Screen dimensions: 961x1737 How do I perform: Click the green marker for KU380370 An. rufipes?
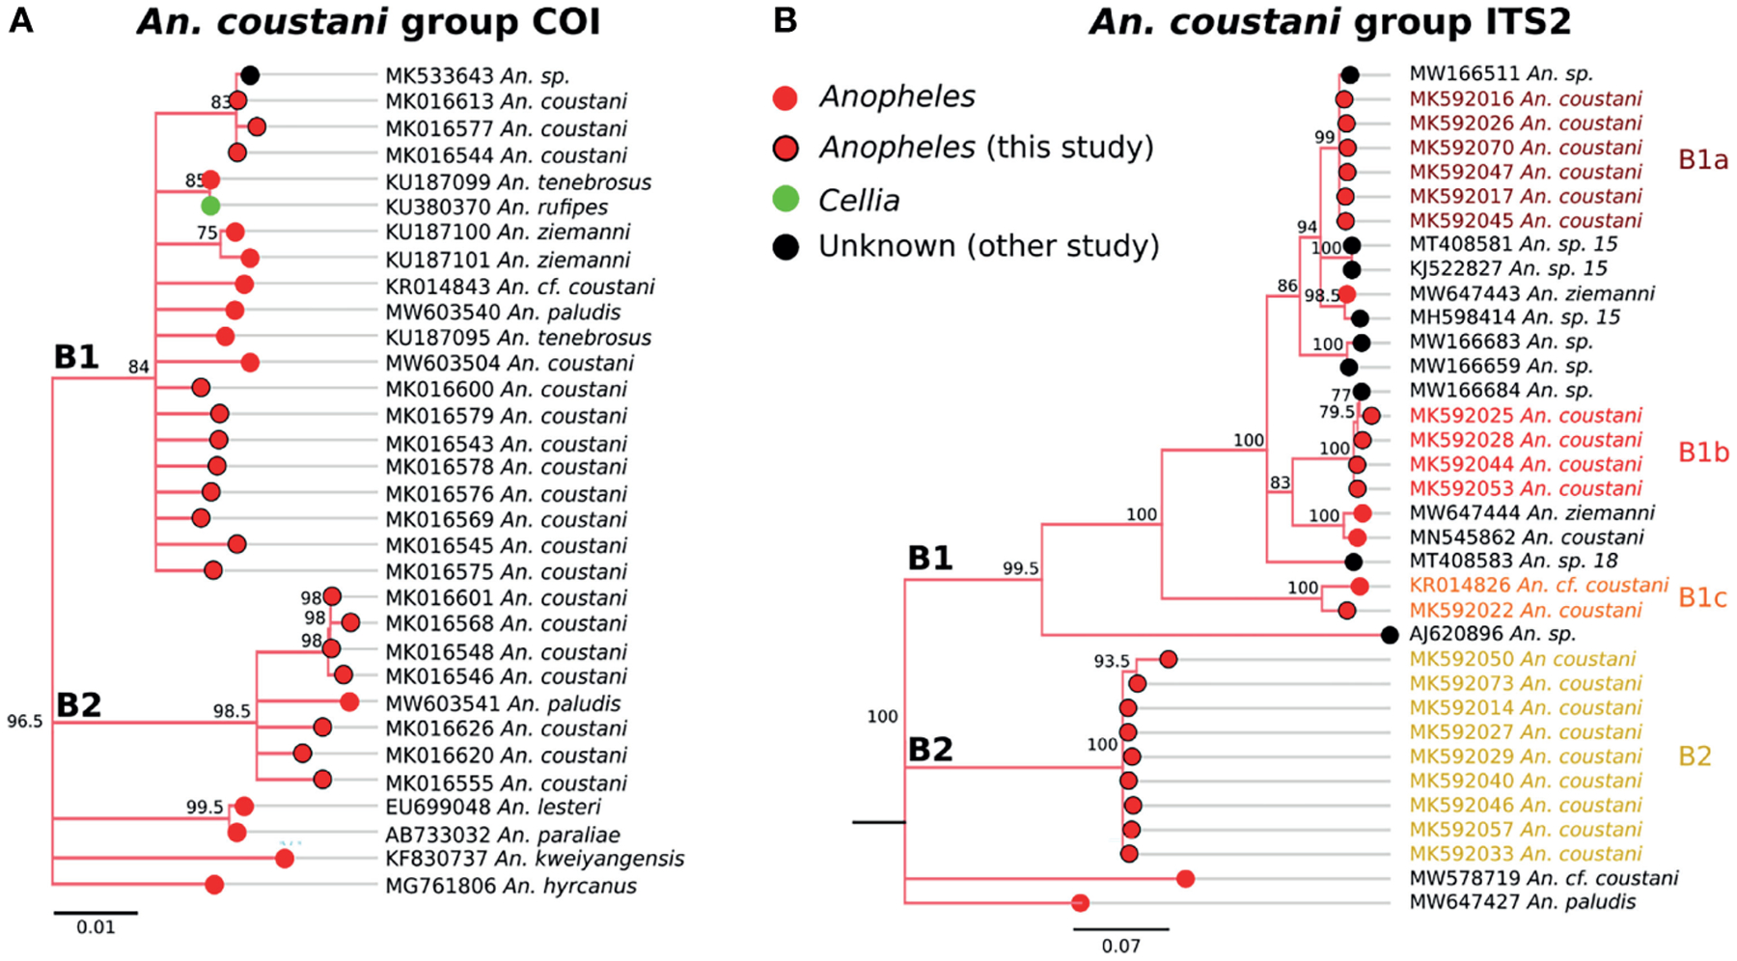click(x=210, y=206)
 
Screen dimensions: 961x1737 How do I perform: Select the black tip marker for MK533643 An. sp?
click(x=250, y=75)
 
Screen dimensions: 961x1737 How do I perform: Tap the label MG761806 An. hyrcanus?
click(x=510, y=886)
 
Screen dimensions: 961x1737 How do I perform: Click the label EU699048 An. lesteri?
click(x=492, y=807)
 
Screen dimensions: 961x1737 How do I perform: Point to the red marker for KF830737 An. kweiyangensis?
click(x=285, y=859)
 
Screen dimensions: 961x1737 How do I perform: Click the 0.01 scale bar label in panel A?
click(x=96, y=927)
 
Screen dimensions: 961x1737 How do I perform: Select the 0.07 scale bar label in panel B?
click(x=1120, y=946)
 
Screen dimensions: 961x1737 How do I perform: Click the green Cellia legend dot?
click(x=786, y=200)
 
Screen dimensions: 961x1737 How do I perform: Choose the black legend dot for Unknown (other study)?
click(x=786, y=247)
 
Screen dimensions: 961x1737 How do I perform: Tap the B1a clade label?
click(x=1702, y=160)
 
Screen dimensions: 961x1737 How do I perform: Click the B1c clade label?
click(x=1702, y=598)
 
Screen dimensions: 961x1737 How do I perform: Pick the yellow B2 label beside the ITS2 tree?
click(x=1695, y=756)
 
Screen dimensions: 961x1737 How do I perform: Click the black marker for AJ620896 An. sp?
click(x=1390, y=635)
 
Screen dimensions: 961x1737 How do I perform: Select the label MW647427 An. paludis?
click(x=1522, y=902)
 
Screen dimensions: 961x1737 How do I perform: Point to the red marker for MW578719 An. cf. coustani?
click(x=1186, y=878)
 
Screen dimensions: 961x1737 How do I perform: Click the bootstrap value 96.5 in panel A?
click(x=25, y=722)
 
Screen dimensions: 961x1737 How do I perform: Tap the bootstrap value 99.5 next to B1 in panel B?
click(x=1020, y=569)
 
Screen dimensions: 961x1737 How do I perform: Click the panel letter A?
click(x=20, y=20)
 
